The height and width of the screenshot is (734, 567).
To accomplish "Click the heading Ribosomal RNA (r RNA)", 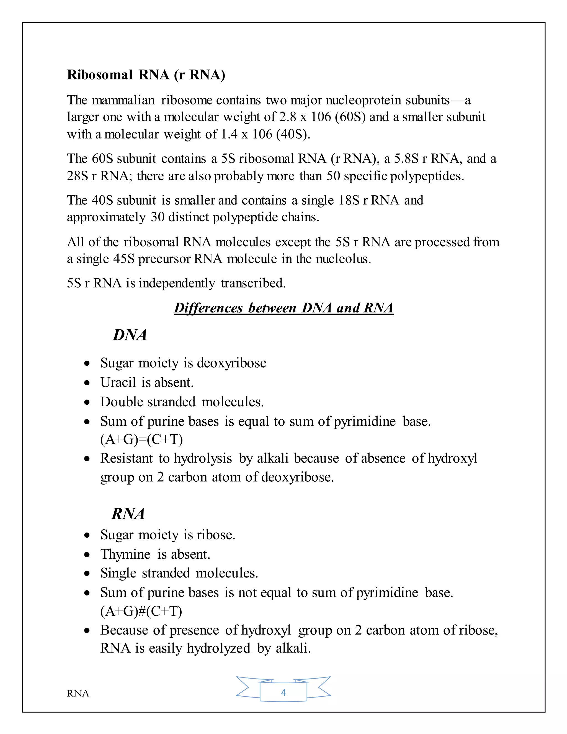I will point(146,75).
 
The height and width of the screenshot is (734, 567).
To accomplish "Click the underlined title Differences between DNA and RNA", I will point(283,308).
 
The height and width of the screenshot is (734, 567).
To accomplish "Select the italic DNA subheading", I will point(130,335).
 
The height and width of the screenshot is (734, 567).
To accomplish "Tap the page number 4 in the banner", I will point(283,692).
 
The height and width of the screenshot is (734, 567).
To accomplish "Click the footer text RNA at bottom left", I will point(78,694).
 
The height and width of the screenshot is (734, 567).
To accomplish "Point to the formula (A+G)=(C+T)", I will point(141,439).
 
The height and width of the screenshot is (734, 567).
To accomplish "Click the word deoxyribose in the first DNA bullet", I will point(231,363).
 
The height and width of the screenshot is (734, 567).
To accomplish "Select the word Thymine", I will point(125,554).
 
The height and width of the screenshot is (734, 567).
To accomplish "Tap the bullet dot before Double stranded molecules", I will point(87,402).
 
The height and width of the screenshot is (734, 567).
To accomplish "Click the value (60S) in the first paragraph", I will point(350,117).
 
